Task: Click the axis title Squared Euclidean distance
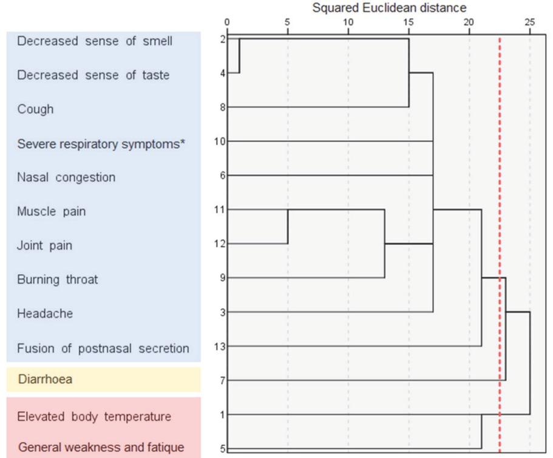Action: [x=389, y=8]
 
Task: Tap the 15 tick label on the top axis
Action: [x=409, y=23]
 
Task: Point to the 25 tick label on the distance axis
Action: [x=529, y=23]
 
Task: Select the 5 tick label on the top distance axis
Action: [x=287, y=23]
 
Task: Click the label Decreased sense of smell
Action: [x=95, y=41]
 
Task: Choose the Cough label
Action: [x=35, y=109]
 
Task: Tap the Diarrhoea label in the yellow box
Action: [x=45, y=380]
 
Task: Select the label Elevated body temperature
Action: [x=94, y=417]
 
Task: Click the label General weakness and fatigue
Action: [x=101, y=448]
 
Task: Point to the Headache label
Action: [x=45, y=313]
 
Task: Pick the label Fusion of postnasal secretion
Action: [x=103, y=349]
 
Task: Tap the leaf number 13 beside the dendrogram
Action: [x=220, y=346]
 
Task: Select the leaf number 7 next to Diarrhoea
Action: [x=223, y=380]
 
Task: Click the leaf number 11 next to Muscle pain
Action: [x=220, y=210]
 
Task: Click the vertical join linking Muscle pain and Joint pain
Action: [x=287, y=227]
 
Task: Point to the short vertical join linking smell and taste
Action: [x=239, y=56]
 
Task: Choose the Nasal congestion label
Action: [x=66, y=177]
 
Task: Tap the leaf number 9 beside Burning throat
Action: [x=223, y=278]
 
